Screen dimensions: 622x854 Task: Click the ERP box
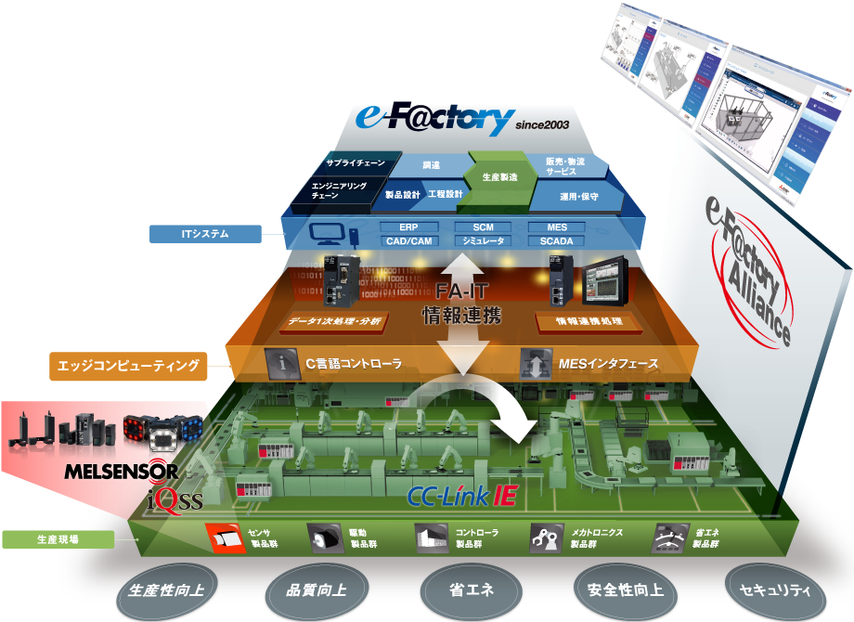[408, 227]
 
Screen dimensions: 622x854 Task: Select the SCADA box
[555, 241]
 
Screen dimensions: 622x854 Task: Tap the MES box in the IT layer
[555, 227]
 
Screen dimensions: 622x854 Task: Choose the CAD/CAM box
[408, 241]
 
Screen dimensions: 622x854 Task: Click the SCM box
[483, 227]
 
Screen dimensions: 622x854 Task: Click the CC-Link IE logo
[461, 496]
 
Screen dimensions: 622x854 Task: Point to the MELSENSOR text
[121, 472]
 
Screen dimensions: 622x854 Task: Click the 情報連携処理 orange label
[588, 322]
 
